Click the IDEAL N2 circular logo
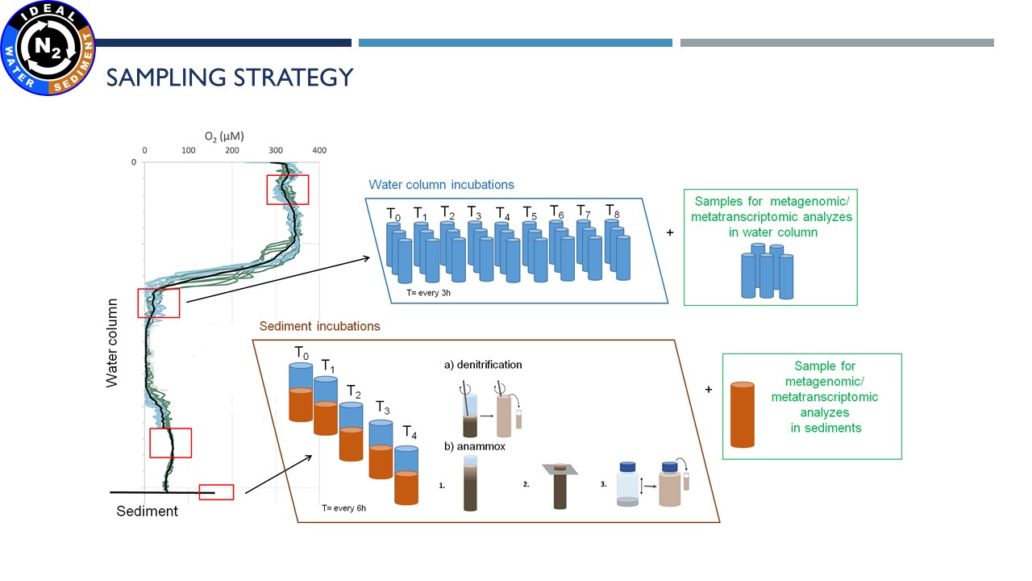point(48,48)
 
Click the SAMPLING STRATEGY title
point(230,77)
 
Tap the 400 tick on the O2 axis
point(319,150)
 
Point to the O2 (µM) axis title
point(224,136)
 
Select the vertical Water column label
point(111,343)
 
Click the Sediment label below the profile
point(147,511)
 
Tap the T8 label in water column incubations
point(612,211)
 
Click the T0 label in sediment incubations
point(302,353)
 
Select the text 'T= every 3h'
point(428,293)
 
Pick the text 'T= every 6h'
point(343,508)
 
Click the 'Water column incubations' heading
point(441,185)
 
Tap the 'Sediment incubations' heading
point(320,326)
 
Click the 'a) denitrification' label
point(483,365)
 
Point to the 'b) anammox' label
point(475,446)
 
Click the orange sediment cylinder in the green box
point(743,415)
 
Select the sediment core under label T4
point(406,475)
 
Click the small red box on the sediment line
point(217,492)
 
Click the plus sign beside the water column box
point(670,233)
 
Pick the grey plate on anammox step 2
point(560,470)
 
